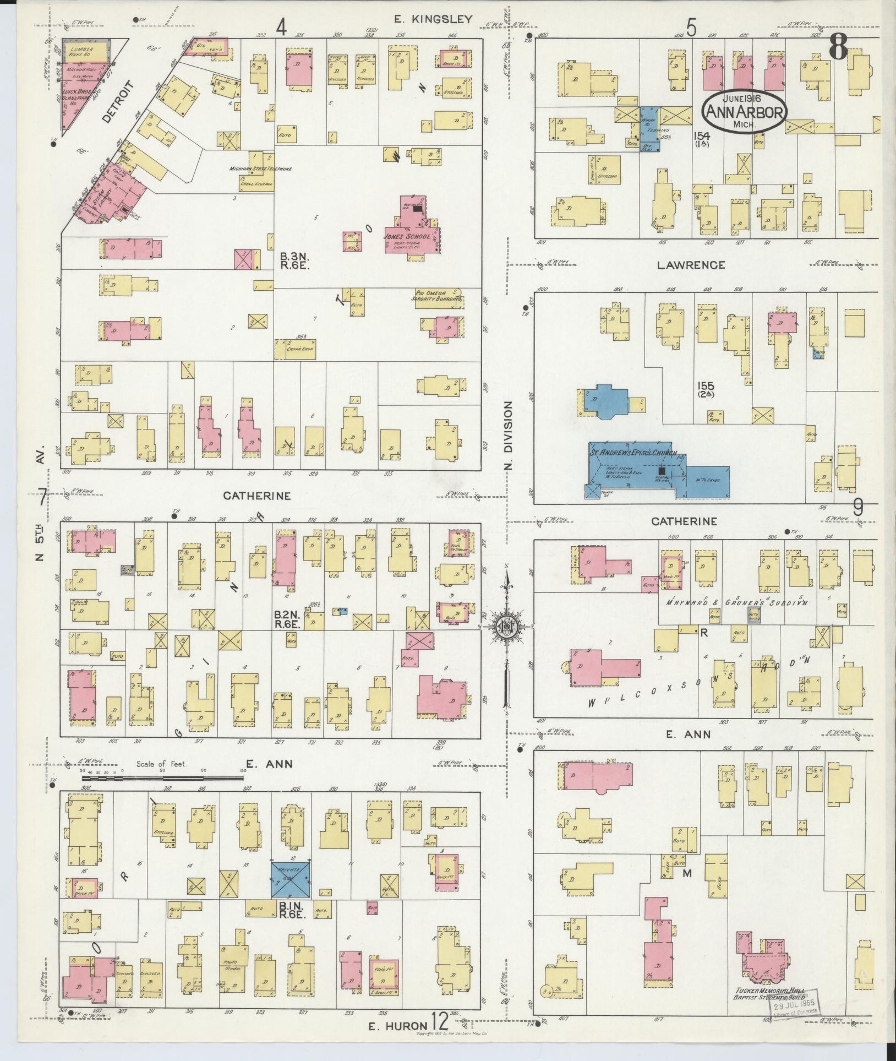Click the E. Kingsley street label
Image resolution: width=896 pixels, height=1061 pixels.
[x=433, y=19]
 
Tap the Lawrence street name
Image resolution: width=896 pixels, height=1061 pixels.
[x=691, y=265]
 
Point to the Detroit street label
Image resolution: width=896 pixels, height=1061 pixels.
[x=118, y=101]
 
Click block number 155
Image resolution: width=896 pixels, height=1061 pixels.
[x=706, y=389]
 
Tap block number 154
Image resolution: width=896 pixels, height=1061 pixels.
[x=702, y=138]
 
